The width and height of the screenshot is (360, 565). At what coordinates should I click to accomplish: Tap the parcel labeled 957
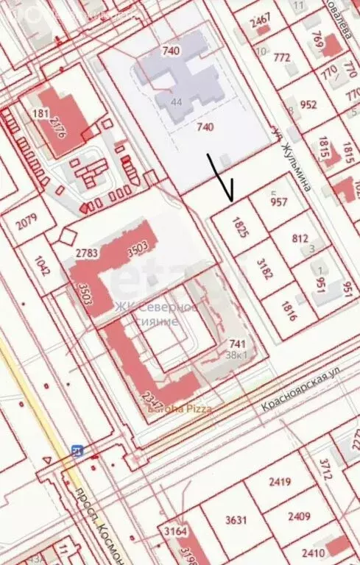coord(279,202)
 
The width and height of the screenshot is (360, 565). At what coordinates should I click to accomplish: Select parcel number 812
coord(300,238)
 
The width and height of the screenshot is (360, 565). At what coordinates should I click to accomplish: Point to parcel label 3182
coord(265,269)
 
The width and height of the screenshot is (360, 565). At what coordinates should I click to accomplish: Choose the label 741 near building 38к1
coord(237,344)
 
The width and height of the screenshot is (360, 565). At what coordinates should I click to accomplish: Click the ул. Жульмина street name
coord(292,159)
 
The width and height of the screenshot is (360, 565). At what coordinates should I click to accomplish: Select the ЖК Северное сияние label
coord(157,314)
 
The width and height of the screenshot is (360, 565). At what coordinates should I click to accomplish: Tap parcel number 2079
coord(26,221)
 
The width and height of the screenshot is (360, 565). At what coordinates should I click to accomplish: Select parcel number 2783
coord(86,253)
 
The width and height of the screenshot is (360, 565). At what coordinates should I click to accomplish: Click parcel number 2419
coord(279,483)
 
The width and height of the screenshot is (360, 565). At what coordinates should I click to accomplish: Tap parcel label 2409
coord(299,516)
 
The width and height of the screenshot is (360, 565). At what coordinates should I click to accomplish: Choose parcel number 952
coord(308,104)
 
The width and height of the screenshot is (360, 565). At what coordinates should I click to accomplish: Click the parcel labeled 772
coord(281,57)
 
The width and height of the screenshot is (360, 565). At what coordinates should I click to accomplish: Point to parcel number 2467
coord(260,21)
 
